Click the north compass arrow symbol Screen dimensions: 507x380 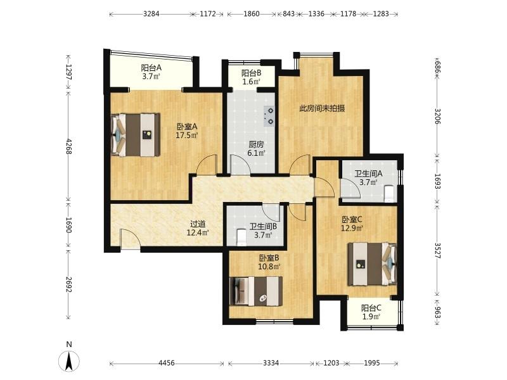69,360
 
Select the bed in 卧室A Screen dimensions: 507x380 136,135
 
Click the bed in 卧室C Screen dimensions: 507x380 372,264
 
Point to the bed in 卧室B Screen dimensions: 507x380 256,291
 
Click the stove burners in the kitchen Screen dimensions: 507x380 269,116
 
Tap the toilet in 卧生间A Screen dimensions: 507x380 389,193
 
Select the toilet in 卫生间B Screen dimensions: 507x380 241,237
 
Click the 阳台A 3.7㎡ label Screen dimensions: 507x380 151,72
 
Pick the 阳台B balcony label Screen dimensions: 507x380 251,77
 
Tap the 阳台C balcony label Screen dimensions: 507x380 371,312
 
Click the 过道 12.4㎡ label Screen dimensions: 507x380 198,228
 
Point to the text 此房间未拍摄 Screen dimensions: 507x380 322,108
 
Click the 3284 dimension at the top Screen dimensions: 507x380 151,14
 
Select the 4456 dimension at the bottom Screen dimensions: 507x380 167,363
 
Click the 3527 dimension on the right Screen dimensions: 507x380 437,250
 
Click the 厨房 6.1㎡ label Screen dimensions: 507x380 256,149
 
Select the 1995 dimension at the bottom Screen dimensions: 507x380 372,363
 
